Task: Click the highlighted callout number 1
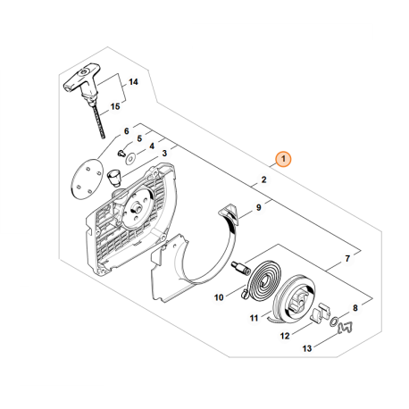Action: [283, 160]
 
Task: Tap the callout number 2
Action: [263, 180]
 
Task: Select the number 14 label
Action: [133, 82]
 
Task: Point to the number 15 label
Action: [115, 107]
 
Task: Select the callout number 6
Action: [126, 130]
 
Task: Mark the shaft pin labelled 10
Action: [241, 266]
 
